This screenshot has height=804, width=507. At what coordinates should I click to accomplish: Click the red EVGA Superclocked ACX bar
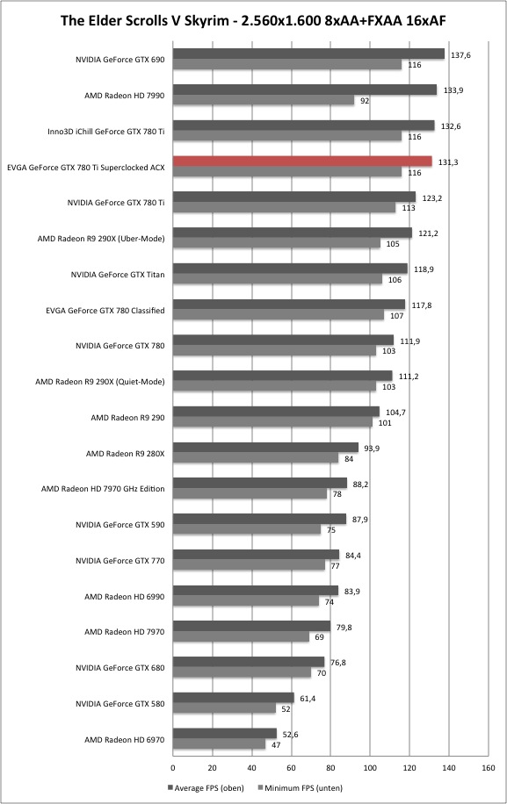pyautogui.click(x=302, y=162)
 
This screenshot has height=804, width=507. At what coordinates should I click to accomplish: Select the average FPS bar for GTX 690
pyautogui.click(x=308, y=54)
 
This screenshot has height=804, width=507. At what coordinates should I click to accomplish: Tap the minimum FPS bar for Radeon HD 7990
pyautogui.click(x=264, y=100)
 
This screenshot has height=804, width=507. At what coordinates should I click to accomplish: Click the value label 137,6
pyautogui.click(x=460, y=55)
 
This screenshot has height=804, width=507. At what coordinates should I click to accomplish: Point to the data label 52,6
pyautogui.click(x=290, y=735)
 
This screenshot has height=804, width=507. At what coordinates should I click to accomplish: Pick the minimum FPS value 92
pyautogui.click(x=365, y=101)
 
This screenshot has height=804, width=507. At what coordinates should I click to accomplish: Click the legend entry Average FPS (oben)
pyautogui.click(x=206, y=787)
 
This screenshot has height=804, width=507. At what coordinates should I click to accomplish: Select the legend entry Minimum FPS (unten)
pyautogui.click(x=301, y=787)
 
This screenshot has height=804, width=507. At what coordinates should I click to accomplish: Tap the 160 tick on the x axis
pyautogui.click(x=489, y=768)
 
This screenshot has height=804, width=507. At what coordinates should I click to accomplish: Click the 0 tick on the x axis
pyautogui.click(x=173, y=768)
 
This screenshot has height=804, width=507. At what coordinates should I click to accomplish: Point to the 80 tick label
pyautogui.click(x=330, y=768)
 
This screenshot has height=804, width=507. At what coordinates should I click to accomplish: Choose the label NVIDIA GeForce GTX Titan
pyautogui.click(x=118, y=275)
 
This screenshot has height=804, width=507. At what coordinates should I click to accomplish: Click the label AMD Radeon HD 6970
pyautogui.click(x=124, y=739)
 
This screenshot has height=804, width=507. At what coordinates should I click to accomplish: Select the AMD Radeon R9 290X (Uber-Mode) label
pyautogui.click(x=101, y=239)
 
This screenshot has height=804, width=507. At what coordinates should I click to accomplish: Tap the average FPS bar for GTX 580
pyautogui.click(x=234, y=698)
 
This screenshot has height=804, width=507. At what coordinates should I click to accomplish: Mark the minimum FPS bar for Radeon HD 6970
pyautogui.click(x=219, y=744)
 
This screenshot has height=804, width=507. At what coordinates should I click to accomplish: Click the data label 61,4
pyautogui.click(x=308, y=699)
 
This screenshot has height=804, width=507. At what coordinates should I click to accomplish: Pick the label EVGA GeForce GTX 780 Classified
pyautogui.click(x=105, y=310)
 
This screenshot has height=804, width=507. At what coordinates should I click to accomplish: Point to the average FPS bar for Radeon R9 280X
pyautogui.click(x=265, y=448)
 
